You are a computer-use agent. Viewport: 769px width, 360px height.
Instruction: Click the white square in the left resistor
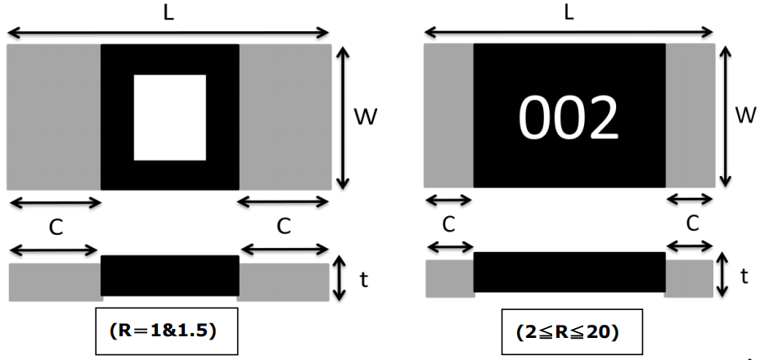pos(169,117)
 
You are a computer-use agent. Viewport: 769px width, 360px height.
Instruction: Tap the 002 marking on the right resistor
pos(569,118)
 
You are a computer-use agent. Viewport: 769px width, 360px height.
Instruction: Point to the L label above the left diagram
pos(168,12)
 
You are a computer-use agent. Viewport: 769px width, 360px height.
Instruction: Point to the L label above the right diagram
pos(569,12)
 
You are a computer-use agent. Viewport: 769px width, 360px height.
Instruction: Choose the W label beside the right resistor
pos(744,115)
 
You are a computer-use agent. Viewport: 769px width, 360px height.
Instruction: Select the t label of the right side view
pos(744,277)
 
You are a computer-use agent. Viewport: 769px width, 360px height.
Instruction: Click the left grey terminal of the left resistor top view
pos(53,117)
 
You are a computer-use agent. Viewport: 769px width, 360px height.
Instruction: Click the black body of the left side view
pos(169,277)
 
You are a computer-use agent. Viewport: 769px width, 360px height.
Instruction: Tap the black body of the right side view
pos(569,272)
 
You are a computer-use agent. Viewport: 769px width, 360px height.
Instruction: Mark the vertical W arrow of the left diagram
pos(343,117)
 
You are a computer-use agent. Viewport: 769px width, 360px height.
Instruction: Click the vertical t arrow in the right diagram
pos(722,275)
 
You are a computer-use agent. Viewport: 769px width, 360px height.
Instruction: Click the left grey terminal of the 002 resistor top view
pos(448,115)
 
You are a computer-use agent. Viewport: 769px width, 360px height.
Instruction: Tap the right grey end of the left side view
pos(283,281)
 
